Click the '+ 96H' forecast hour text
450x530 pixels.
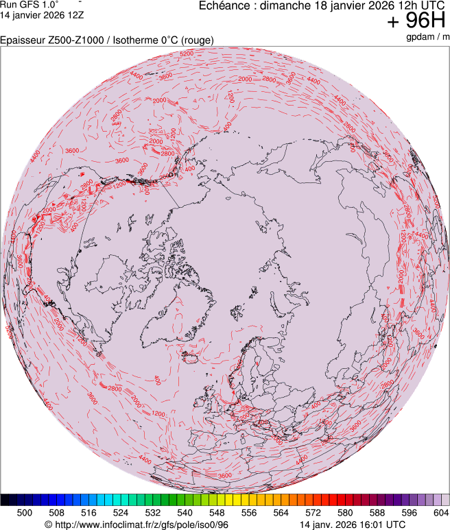click(416, 21)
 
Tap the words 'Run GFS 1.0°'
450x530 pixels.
click(29, 5)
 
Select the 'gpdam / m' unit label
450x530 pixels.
click(425, 36)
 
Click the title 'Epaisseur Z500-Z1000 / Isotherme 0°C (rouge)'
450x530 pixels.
click(107, 40)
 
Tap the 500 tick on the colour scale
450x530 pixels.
click(25, 512)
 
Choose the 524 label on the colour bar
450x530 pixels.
click(121, 512)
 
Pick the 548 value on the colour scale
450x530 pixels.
click(217, 512)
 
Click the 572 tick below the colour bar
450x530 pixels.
click(313, 512)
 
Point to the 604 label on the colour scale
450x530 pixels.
click(440, 512)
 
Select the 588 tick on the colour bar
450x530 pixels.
click(377, 512)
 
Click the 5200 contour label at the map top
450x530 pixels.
click(186, 53)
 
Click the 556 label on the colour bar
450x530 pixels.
click(248, 512)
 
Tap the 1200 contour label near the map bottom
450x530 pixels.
click(158, 414)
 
